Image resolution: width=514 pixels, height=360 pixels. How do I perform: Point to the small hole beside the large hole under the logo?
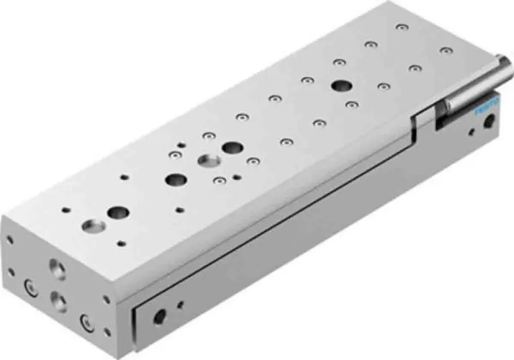click(472, 133)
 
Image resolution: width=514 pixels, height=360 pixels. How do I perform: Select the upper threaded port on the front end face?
click(57, 269)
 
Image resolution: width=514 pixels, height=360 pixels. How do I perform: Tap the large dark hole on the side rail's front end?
click(160, 316)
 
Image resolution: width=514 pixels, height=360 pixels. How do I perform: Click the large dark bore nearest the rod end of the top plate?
click(339, 85)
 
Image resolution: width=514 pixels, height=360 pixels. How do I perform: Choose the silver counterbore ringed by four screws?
click(209, 161)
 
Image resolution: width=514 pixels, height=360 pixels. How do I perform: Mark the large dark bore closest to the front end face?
click(118, 212)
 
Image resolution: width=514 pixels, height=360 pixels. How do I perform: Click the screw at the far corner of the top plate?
click(399, 26)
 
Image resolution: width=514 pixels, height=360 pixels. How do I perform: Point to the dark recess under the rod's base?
click(443, 122)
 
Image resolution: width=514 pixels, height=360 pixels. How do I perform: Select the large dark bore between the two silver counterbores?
click(176, 179)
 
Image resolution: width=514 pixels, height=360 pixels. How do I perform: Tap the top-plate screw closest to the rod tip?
click(445, 50)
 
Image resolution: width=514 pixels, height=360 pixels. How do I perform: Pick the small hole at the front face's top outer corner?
click(10, 240)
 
